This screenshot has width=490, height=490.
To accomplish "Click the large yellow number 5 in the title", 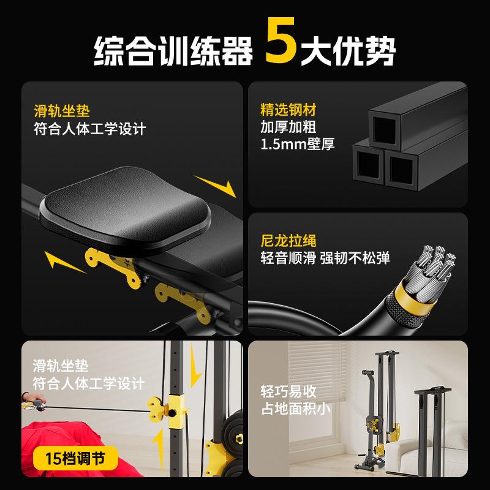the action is click(281, 40).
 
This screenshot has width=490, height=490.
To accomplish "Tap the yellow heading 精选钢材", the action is click(288, 110).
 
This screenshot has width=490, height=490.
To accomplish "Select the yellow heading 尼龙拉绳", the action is click(288, 241).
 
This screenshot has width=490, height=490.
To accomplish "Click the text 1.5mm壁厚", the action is click(298, 144).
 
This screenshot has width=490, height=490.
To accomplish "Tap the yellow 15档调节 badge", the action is click(75, 458).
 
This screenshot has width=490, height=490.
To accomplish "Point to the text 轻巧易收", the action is click(288, 392).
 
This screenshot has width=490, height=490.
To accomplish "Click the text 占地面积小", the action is click(295, 409).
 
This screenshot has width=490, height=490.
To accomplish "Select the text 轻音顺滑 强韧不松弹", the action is click(325, 258).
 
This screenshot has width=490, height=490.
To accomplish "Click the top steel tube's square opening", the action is click(384, 129).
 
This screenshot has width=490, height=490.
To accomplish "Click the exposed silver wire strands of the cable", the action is click(433, 269).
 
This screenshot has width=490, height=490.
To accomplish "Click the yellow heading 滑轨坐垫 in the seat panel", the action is click(62, 111).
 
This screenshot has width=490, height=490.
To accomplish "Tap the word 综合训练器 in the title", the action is click(173, 50).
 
